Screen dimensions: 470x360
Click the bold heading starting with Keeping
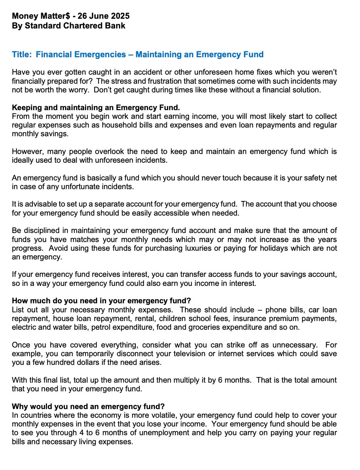point(96,107)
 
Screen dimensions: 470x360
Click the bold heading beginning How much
point(101,301)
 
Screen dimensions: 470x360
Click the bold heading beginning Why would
point(88,406)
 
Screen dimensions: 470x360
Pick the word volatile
point(163,415)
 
